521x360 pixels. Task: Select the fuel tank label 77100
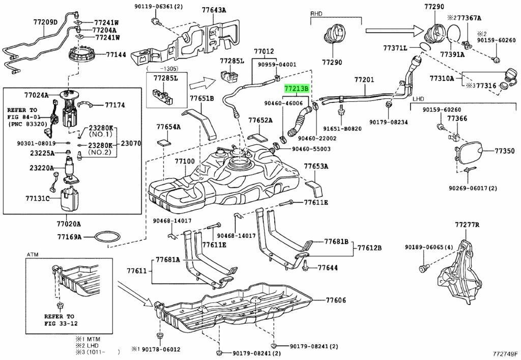point(185,161)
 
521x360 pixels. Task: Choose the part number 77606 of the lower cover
point(336,300)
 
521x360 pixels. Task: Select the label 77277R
point(468,224)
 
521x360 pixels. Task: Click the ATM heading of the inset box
point(33,254)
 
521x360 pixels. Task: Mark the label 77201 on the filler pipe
point(364,80)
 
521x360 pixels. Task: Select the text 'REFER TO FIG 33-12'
point(59,320)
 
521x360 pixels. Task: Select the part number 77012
point(264,51)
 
